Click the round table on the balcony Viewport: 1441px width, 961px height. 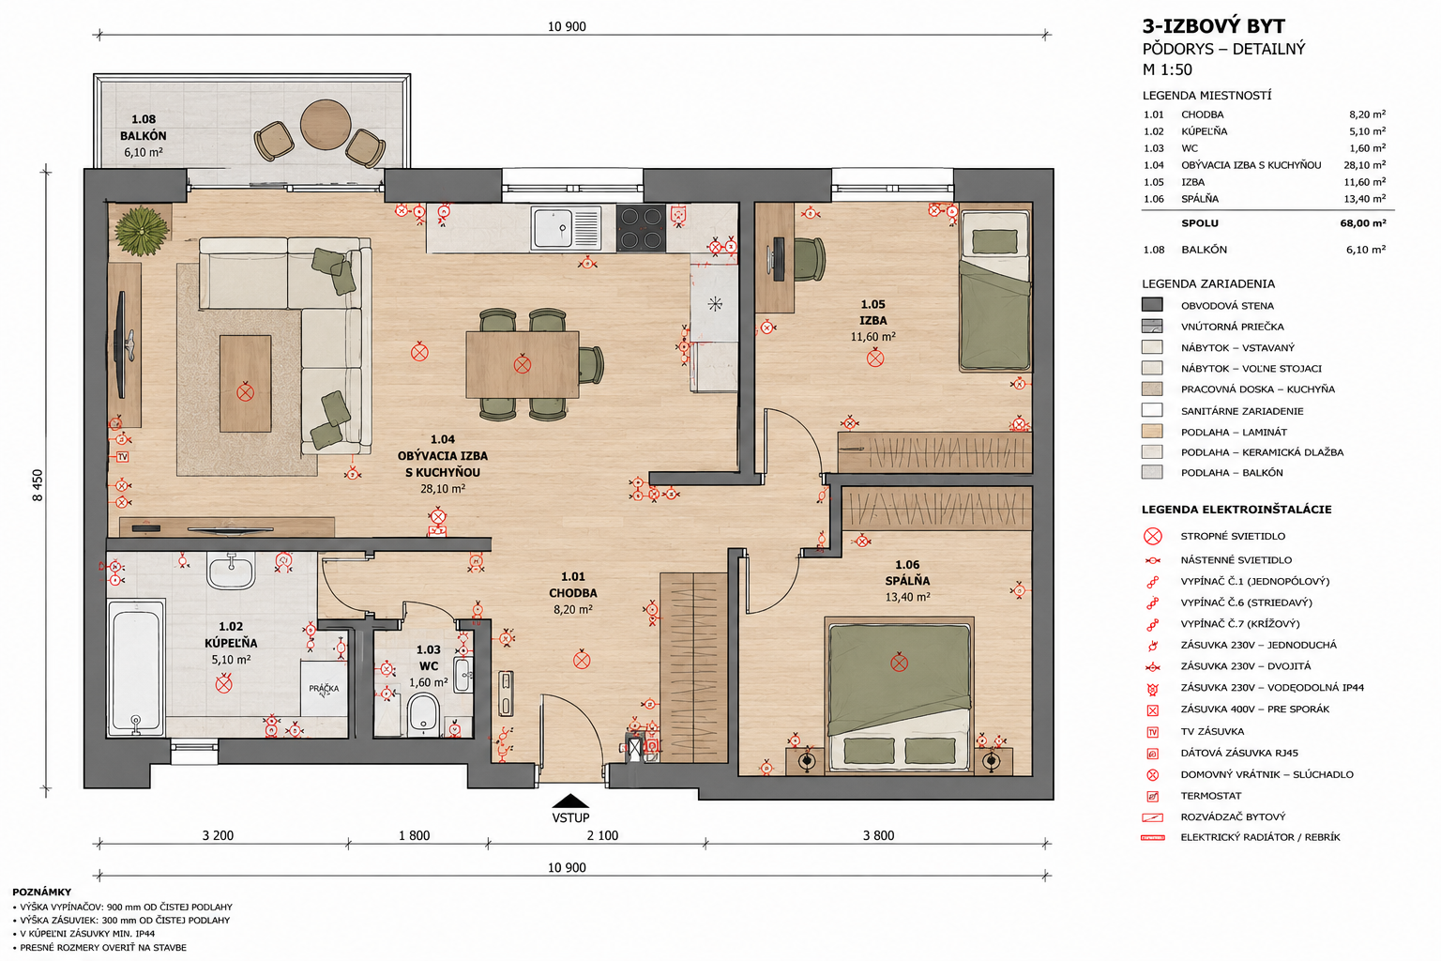point(326,125)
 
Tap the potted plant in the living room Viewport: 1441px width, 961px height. point(143,231)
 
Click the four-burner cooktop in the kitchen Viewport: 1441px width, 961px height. point(641,228)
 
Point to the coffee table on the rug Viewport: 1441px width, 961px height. point(245,384)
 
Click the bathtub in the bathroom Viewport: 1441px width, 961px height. point(136,667)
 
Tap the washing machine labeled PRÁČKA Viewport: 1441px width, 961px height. point(325,688)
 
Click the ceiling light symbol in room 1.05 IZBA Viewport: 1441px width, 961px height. point(875,358)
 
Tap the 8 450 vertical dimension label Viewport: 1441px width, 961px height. point(38,485)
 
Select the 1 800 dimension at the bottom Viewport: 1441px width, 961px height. point(415,835)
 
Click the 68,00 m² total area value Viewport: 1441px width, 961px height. point(1363,223)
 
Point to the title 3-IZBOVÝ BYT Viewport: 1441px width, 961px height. point(1213,26)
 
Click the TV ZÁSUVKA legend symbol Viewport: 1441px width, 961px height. point(1153,732)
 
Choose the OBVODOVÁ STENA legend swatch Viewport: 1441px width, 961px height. point(1152,305)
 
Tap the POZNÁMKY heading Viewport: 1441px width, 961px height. point(42,892)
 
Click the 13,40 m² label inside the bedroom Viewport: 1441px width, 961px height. point(908,597)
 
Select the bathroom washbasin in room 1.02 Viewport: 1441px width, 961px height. point(231,571)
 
